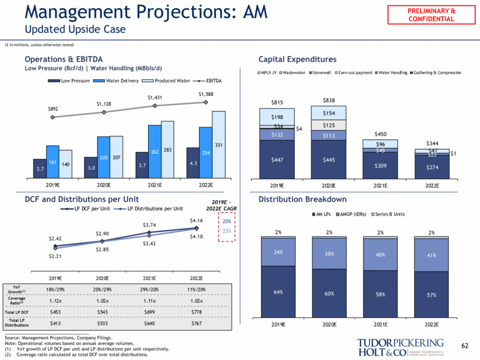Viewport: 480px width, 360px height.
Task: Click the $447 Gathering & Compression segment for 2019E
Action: tap(278, 159)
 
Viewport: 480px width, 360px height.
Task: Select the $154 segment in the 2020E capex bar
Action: tap(328, 113)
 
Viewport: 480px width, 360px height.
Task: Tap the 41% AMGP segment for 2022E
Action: tap(430, 255)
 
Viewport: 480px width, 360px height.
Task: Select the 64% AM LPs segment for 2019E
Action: tap(278, 292)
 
